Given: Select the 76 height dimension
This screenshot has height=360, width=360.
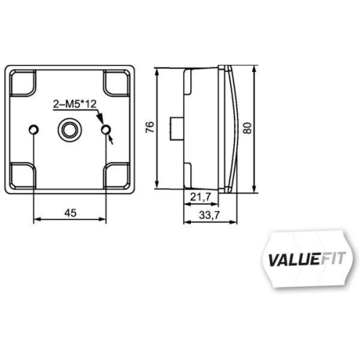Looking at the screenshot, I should pos(149,127).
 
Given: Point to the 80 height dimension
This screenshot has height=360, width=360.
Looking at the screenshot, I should pos(247,128).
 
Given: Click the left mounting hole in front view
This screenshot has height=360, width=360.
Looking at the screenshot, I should pos(33,130).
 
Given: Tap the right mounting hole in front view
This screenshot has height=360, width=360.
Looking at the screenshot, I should pos(107,130).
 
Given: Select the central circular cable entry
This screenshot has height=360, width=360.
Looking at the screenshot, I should pos(70,130).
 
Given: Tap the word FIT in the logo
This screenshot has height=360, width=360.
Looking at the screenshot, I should pos(330,257).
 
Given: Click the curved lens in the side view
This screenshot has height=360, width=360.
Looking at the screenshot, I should pos(231,130).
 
